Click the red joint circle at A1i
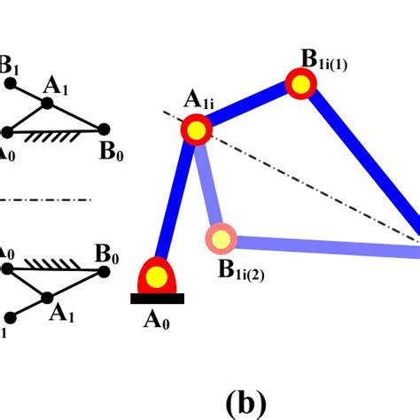pos(197,130)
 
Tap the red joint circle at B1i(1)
pos(302,84)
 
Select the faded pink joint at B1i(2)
pos(221,237)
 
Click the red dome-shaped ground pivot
pos(158,277)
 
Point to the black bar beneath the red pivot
pos(158,299)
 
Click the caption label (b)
pos(245,403)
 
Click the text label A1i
pos(199,100)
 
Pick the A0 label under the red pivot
pos(157,321)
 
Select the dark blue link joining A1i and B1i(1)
pos(250,107)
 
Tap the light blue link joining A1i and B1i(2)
pos(209,184)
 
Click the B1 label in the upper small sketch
pos(9,64)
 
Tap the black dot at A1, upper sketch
pos(48,104)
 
